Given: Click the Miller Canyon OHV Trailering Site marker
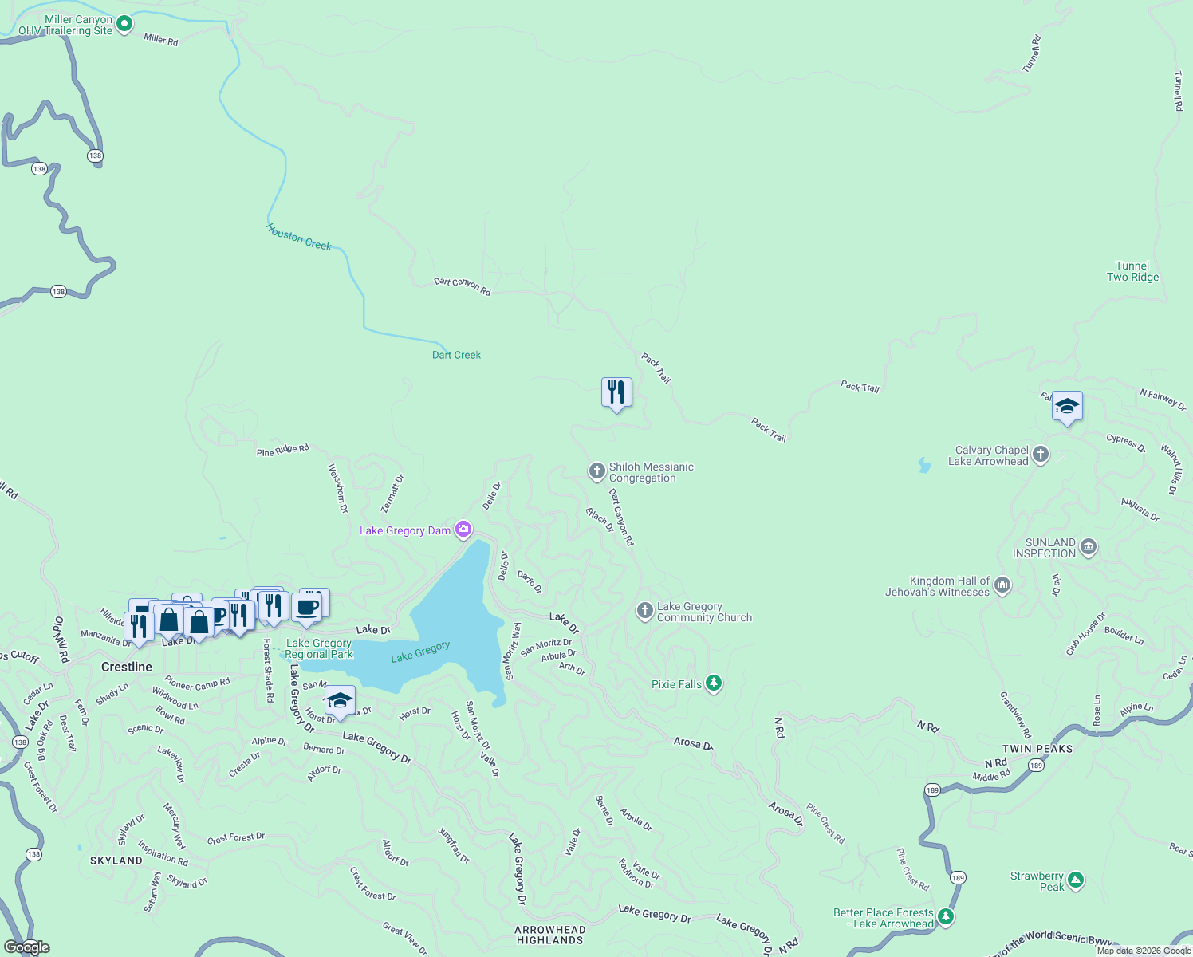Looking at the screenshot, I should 124,24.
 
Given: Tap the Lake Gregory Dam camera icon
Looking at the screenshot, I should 463,530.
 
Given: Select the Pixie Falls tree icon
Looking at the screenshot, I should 714,683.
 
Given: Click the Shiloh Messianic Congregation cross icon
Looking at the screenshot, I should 596,471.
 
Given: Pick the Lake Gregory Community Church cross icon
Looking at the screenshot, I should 644,611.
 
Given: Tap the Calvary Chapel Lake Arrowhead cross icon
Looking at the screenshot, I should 1040,455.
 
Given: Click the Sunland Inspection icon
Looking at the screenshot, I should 1089,547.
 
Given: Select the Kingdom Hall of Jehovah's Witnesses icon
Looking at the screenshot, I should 1002,585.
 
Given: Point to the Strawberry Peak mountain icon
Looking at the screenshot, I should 1075,880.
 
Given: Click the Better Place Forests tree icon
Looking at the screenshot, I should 946,916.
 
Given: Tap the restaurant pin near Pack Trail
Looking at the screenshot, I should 616,392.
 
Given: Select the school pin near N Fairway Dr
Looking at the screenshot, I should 1067,407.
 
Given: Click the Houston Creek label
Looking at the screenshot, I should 299,237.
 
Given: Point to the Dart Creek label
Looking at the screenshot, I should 456,355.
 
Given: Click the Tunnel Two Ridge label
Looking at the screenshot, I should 1132,271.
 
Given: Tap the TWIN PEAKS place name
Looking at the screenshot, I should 1037,749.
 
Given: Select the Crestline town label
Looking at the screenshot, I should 127,667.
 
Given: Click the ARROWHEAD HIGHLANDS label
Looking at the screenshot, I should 550,935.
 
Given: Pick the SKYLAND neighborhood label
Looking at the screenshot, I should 116,861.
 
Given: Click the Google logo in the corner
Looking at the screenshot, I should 27,947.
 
